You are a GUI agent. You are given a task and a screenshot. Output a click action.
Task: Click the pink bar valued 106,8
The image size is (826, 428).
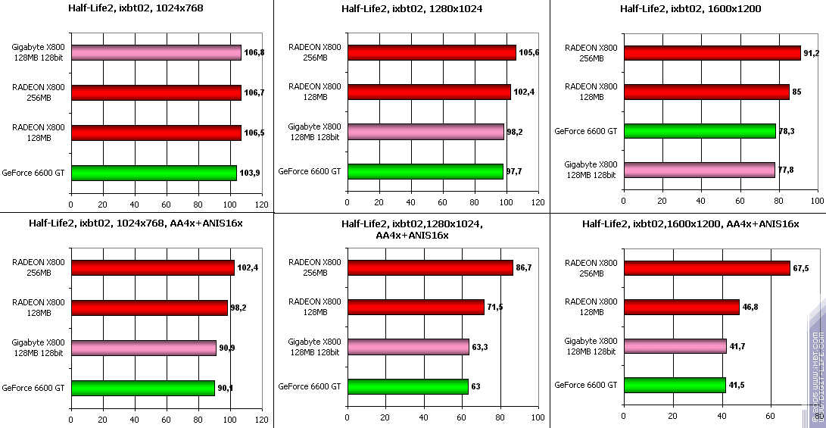pyautogui.click(x=156, y=52)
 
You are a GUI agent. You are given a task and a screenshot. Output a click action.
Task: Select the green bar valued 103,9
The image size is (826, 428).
pyautogui.click(x=154, y=173)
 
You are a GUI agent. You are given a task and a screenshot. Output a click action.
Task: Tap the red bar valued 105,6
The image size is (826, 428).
pyautogui.click(x=432, y=52)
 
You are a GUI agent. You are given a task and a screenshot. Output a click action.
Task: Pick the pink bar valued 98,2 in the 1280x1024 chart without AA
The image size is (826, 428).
pyautogui.click(x=425, y=132)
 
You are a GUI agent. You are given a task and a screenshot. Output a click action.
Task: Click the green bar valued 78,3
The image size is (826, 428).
pyautogui.click(x=700, y=131)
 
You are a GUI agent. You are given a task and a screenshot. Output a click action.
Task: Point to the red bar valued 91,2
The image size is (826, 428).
pyautogui.click(x=712, y=53)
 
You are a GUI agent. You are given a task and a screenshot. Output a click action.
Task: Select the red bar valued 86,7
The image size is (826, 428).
pyautogui.click(x=430, y=267)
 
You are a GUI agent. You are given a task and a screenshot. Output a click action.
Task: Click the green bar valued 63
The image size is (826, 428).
pyautogui.click(x=408, y=387)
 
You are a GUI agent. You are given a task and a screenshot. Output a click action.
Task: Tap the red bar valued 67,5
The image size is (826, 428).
pyautogui.click(x=706, y=268)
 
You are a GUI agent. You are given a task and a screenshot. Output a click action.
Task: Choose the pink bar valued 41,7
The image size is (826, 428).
pyautogui.click(x=675, y=346)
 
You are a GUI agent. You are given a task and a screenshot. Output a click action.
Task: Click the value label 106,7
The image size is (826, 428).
pyautogui.click(x=254, y=92)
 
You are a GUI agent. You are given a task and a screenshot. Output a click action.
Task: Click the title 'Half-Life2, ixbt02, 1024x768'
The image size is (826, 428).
pyautogui.click(x=136, y=9)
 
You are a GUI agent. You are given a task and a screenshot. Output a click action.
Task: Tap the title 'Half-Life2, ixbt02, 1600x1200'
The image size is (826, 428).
pyautogui.click(x=690, y=9)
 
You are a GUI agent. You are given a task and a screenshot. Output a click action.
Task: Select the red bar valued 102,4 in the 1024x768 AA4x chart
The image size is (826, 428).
pyautogui.click(x=153, y=267)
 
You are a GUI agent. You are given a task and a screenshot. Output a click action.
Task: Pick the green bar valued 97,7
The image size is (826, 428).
pyautogui.click(x=425, y=172)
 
